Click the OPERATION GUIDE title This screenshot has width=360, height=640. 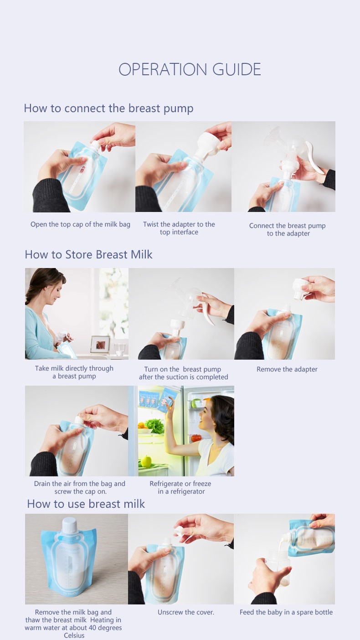[x=190, y=69]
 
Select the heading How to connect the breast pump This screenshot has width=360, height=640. [x=108, y=108]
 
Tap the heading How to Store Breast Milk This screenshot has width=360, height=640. [x=88, y=254]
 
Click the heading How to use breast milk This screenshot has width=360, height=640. [x=86, y=504]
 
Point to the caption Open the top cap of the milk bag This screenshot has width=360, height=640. [x=80, y=224]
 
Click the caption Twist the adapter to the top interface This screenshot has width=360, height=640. [x=179, y=228]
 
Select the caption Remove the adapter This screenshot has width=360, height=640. [x=287, y=369]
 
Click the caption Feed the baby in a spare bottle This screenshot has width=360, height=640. [x=286, y=612]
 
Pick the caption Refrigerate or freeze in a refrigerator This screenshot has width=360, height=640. [x=181, y=487]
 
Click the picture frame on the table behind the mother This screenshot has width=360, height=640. [x=100, y=344]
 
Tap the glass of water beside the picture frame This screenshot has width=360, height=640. [x=119, y=349]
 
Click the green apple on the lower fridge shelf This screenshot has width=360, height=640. [x=146, y=461]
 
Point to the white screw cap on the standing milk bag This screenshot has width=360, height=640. [x=69, y=524]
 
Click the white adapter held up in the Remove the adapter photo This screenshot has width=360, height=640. [x=303, y=289]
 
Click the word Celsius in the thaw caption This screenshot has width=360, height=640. [x=74, y=635]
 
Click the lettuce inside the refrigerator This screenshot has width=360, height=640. [x=156, y=426]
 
